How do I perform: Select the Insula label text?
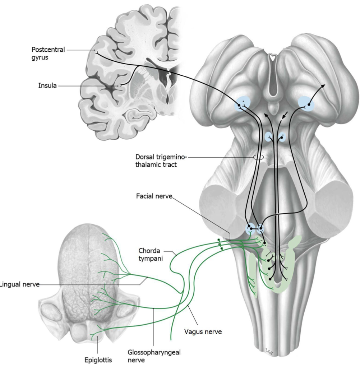coord(47,86)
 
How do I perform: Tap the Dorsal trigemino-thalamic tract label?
coord(161,161)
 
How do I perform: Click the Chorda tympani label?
coord(150,255)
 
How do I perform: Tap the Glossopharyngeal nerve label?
coord(154,356)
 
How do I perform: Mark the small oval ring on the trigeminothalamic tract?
coord(258,157)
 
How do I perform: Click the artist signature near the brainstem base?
coord(269,351)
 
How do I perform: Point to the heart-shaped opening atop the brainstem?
coord(273,56)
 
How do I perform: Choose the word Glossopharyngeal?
coord(154,352)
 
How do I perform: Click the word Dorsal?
coord(144,157)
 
